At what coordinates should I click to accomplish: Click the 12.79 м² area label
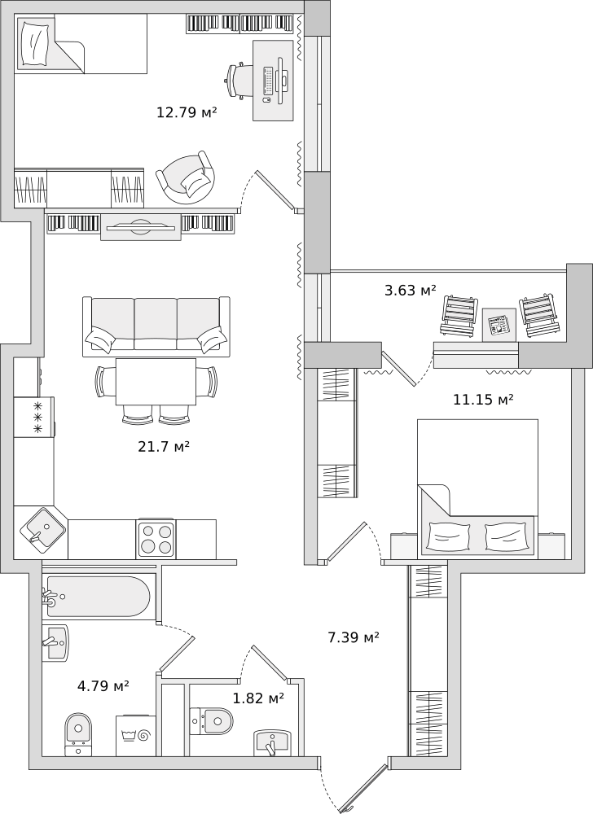[x=187, y=112]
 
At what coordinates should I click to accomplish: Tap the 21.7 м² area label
[x=164, y=446]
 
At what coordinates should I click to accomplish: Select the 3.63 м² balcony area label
[x=411, y=291]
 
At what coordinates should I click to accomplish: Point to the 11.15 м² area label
[x=483, y=400]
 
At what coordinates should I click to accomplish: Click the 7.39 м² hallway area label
[x=354, y=637]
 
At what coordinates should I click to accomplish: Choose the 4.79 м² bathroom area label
[x=103, y=686]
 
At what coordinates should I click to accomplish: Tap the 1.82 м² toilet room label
[x=258, y=698]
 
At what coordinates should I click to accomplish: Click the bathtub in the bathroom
[x=97, y=597]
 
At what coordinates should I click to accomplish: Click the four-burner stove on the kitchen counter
[x=156, y=539]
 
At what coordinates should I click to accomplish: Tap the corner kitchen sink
[x=42, y=531]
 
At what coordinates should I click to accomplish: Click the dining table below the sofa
[x=156, y=382]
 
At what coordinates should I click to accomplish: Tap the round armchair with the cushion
[x=186, y=177]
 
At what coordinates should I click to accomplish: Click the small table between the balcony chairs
[x=499, y=325]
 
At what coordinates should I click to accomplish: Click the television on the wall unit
[x=140, y=227]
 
